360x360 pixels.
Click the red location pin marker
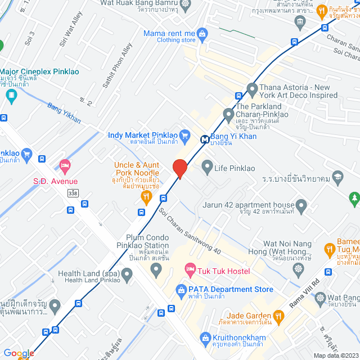click(179, 169)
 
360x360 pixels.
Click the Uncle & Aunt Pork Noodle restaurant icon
click(146, 196)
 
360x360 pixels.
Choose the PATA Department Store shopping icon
click(181, 290)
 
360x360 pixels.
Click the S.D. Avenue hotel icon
click(64, 165)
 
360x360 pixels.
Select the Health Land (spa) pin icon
click(127, 275)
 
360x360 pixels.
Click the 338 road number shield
click(72, 192)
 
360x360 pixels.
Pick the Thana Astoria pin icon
click(251, 88)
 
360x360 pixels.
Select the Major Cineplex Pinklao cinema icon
click(12, 95)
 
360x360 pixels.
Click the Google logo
click(18, 353)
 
